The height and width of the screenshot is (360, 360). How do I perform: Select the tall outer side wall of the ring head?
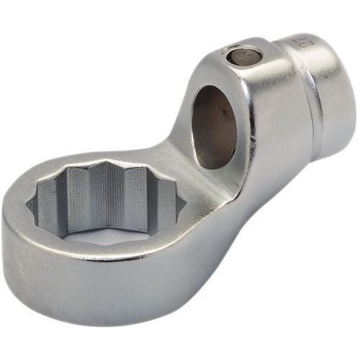[86, 295]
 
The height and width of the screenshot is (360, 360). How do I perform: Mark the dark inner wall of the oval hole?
[209, 130]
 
